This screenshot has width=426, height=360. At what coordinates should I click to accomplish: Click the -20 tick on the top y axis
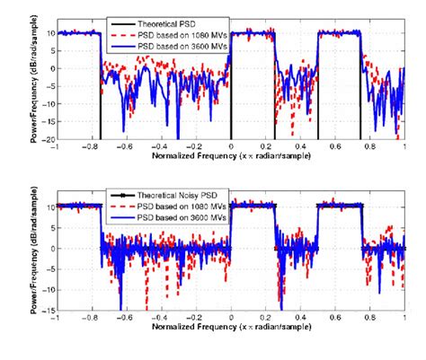(x=46, y=140)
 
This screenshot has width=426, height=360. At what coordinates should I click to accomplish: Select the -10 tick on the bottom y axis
(x=46, y=292)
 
